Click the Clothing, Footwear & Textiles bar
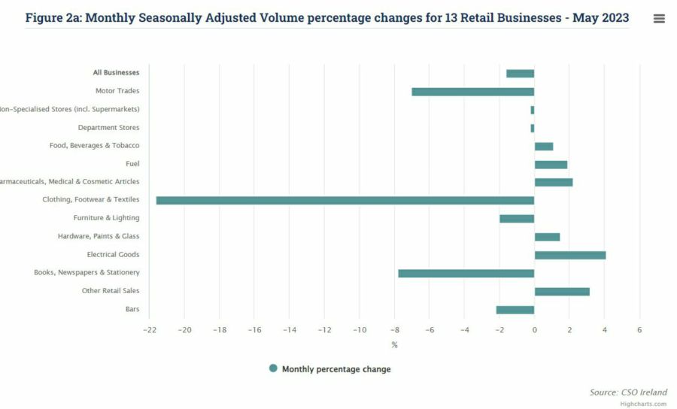(x=345, y=201)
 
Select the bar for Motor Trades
(x=472, y=92)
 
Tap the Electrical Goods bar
(x=569, y=255)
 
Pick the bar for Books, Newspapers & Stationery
(x=466, y=273)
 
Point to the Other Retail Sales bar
(x=561, y=291)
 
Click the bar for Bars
(x=515, y=310)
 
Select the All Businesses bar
(x=520, y=74)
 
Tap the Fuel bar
(x=551, y=165)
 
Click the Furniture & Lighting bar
(x=516, y=219)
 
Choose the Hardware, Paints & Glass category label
(x=99, y=236)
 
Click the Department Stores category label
(x=108, y=128)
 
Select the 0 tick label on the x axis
(x=534, y=330)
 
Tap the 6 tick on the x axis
(x=639, y=330)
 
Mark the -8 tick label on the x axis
(x=394, y=330)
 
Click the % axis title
(x=394, y=345)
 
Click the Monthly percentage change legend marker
(x=274, y=368)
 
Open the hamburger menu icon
(x=659, y=19)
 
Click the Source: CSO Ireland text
(x=628, y=392)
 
